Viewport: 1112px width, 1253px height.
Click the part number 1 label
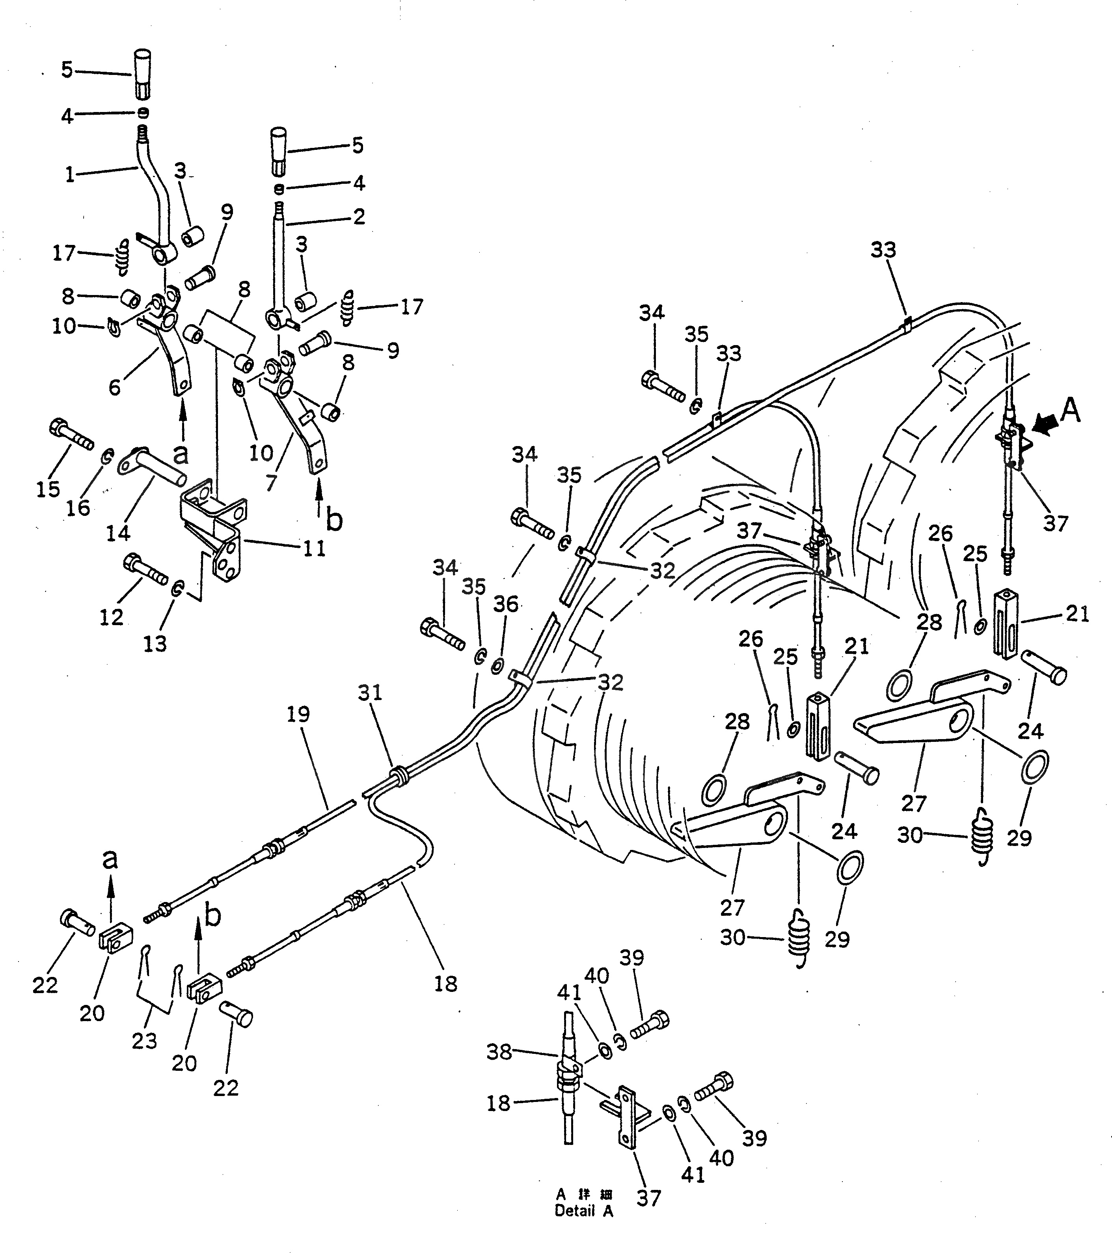[70, 176]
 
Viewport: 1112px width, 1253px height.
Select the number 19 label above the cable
[298, 714]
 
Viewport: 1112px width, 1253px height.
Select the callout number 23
[145, 1040]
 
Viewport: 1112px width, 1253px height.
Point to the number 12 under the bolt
[112, 617]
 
